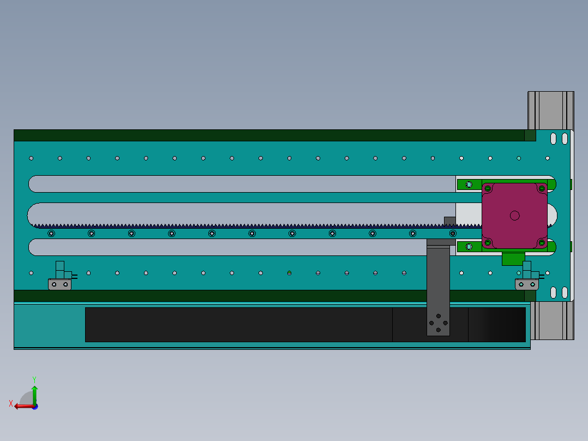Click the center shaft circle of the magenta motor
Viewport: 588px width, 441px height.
(514, 216)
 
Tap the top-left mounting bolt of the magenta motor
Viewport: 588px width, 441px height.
(488, 189)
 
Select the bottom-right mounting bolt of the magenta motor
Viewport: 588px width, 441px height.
(541, 242)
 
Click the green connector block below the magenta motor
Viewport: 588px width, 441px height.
(513, 258)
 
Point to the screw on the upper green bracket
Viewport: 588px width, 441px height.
(469, 184)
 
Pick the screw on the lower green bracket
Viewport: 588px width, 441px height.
(469, 247)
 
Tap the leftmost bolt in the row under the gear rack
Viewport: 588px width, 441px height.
(51, 234)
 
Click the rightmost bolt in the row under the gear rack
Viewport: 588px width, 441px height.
(453, 234)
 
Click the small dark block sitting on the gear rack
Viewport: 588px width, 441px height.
(449, 221)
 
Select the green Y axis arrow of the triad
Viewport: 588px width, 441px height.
(34, 390)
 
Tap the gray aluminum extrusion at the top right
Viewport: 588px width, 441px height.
(550, 110)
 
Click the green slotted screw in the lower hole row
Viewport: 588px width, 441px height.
(290, 272)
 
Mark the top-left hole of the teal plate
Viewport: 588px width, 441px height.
(31, 158)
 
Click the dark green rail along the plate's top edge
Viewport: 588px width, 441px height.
(267, 135)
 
